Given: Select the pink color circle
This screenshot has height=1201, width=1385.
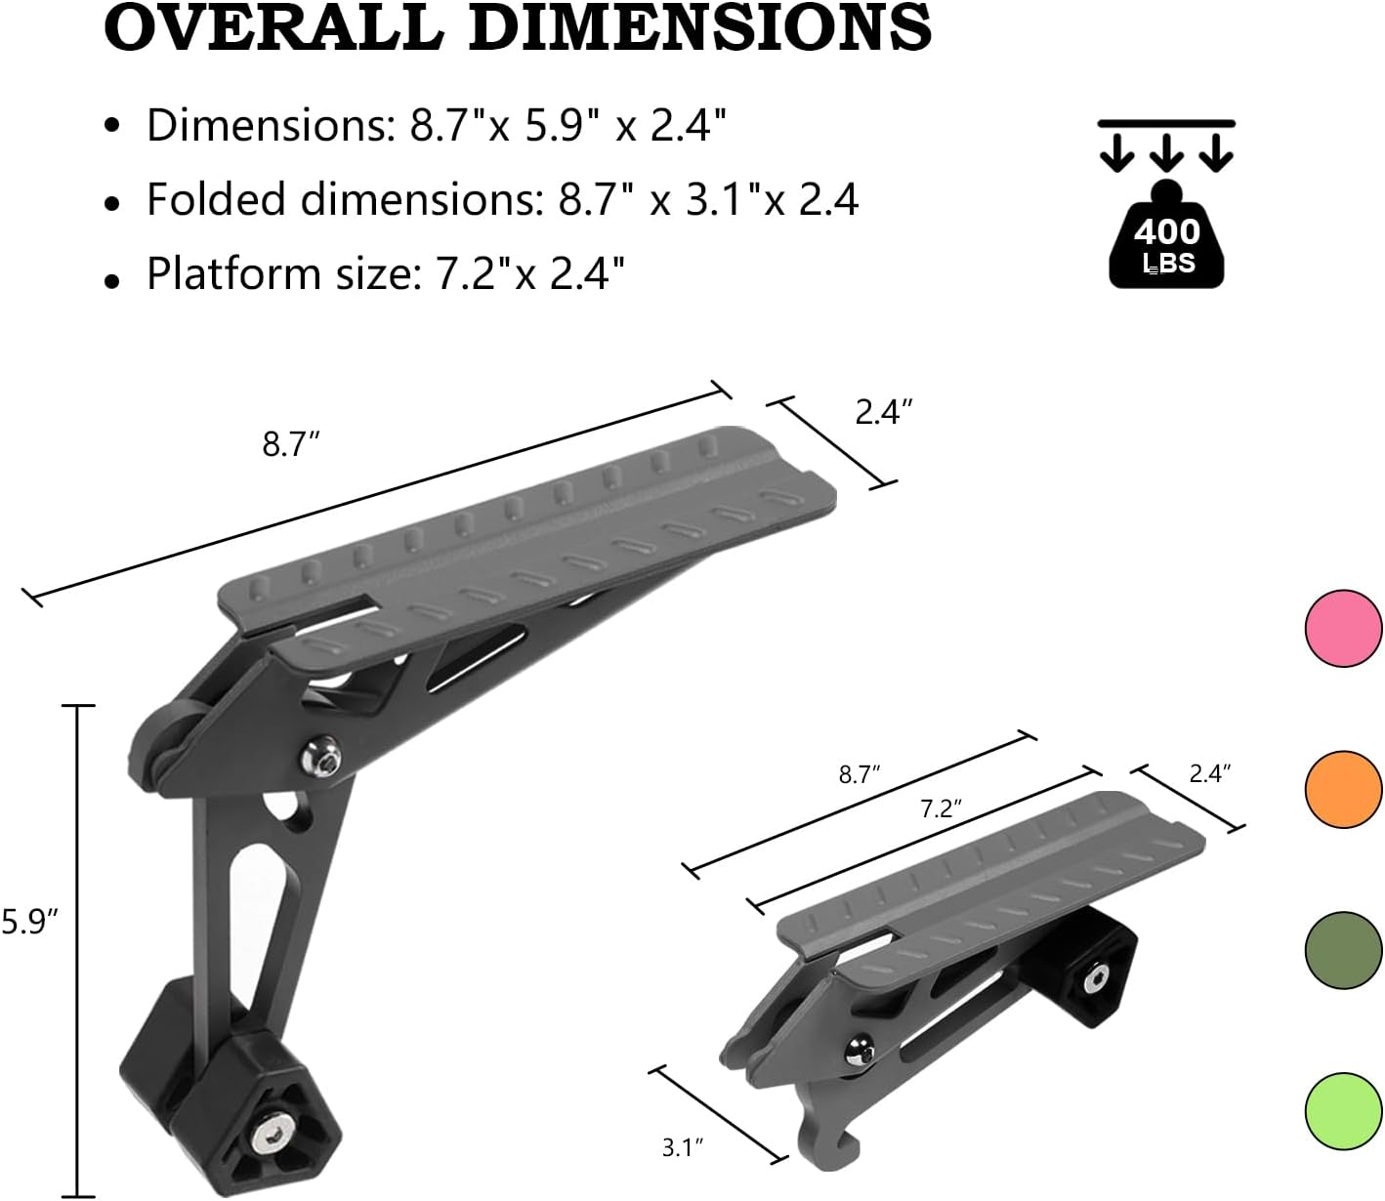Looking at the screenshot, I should point(1343,629).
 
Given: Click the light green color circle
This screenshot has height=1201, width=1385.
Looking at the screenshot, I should point(1343,1110).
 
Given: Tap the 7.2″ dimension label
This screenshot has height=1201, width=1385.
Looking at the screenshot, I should point(942,808).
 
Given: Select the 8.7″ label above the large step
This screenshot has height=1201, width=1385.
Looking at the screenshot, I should point(291,445).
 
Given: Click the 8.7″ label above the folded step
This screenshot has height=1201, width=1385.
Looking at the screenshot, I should point(860,775).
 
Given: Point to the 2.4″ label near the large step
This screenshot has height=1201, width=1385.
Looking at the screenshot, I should point(884,413).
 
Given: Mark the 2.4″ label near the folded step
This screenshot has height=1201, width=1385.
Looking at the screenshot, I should point(1210,773).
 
